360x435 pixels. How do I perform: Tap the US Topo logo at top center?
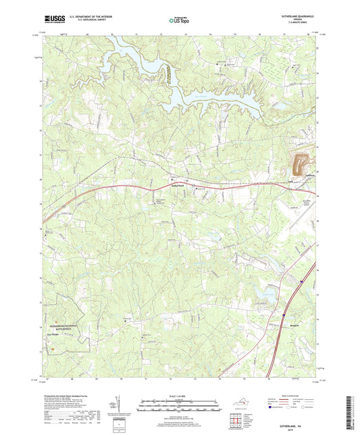(x=177, y=20)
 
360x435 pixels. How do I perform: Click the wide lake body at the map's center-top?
(x=223, y=99)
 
